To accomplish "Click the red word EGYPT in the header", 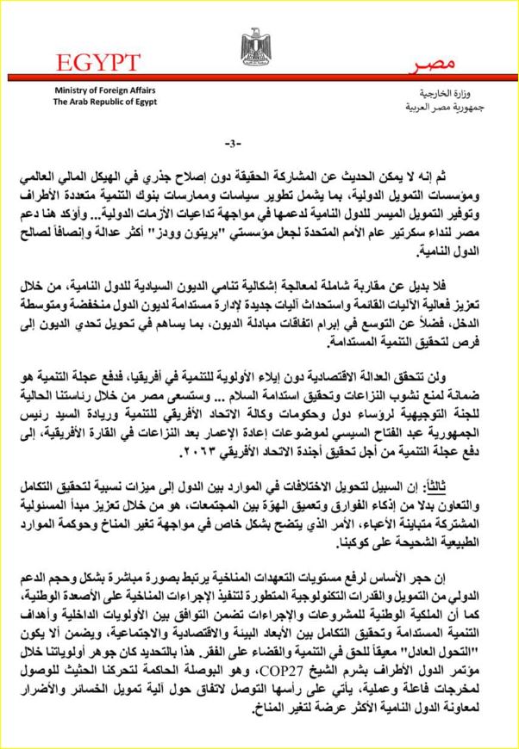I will [x=100, y=64].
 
